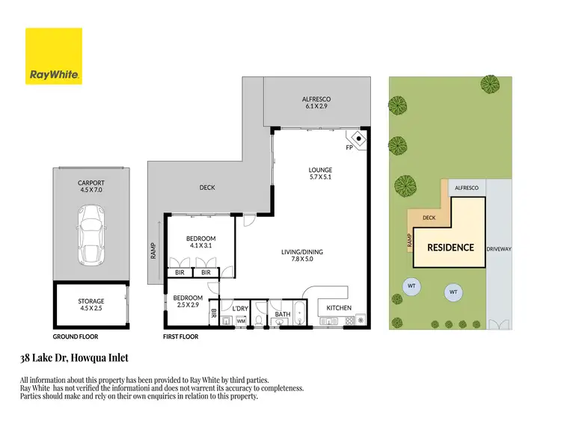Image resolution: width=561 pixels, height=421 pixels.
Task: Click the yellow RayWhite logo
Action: (x=54, y=56)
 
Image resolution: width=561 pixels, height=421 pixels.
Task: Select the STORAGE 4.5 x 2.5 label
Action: (x=91, y=305)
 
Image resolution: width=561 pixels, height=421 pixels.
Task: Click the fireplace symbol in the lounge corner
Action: (x=358, y=140)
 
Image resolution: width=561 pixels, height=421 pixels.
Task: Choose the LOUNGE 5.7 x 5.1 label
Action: (x=320, y=174)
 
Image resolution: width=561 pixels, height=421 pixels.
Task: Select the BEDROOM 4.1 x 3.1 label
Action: (x=200, y=242)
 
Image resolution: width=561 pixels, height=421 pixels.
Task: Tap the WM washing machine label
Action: (x=241, y=321)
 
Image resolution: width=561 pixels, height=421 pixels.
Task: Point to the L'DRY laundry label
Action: (x=240, y=308)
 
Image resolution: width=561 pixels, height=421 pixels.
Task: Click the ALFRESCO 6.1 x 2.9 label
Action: (x=316, y=103)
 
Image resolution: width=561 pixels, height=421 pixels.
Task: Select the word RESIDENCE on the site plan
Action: (x=450, y=248)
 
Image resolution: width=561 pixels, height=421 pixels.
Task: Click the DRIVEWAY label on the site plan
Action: (x=498, y=248)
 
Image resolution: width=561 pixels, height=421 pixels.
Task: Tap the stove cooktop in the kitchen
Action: (x=349, y=322)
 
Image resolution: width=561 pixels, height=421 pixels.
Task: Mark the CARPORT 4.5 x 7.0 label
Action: (x=91, y=186)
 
